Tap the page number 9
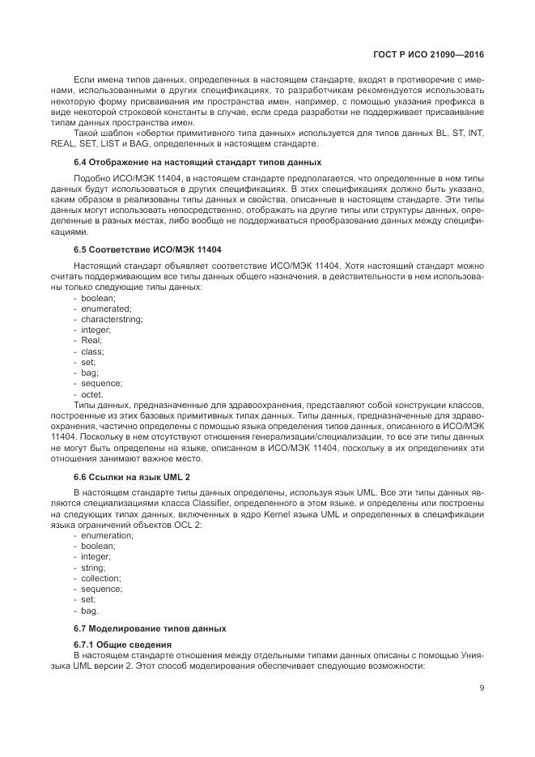click(481, 688)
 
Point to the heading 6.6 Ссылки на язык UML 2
click(132, 478)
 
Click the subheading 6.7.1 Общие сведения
click(124, 644)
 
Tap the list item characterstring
click(112, 319)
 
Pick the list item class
click(92, 351)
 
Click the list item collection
click(101, 577)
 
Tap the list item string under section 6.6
click(94, 567)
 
